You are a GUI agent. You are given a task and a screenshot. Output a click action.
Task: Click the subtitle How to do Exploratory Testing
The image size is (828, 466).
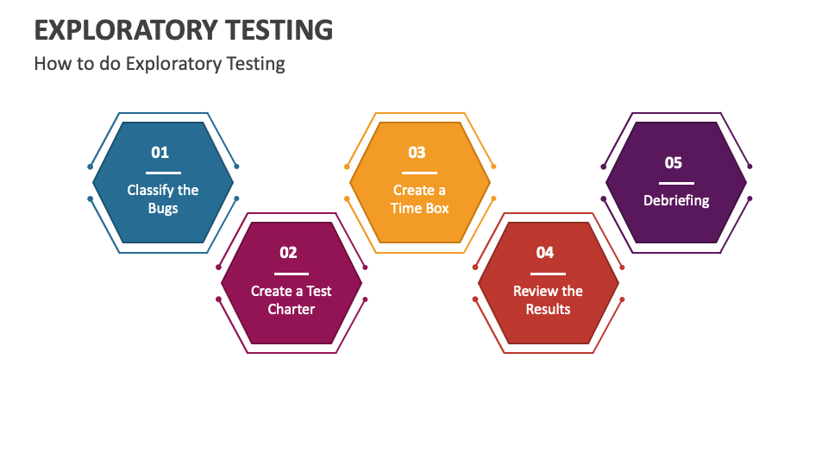tap(160, 64)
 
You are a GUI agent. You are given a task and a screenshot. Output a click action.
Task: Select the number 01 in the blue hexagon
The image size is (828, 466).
tap(160, 153)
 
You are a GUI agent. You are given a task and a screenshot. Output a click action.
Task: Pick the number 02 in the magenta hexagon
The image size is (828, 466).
tap(288, 253)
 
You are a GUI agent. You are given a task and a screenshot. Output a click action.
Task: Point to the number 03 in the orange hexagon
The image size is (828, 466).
tap(417, 153)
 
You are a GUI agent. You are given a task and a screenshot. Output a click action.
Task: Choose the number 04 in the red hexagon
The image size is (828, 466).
tap(545, 253)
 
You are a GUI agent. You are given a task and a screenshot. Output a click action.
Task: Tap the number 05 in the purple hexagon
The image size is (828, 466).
tap(674, 163)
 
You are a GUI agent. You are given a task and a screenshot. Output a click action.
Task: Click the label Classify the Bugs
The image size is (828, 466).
tap(163, 199)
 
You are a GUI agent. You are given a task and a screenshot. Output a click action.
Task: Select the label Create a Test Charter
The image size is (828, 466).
tap(292, 300)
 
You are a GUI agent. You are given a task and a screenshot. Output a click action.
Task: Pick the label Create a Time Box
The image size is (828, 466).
tap(419, 199)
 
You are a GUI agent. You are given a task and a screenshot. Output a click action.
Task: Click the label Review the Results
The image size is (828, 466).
tap(548, 300)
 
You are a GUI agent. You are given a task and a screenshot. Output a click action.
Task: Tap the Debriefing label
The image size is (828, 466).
tap(676, 200)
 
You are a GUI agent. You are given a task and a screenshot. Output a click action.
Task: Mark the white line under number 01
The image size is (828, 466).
tap(163, 173)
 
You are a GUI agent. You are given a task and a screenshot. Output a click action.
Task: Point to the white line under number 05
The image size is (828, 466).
tap(676, 183)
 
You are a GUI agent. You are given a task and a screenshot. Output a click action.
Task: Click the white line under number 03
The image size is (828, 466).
tap(419, 173)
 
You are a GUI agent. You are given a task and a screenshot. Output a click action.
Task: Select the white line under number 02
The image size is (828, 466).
tap(292, 274)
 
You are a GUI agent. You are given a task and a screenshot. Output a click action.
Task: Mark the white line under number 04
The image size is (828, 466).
tap(548, 274)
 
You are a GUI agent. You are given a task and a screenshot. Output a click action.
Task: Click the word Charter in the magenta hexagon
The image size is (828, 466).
tap(292, 310)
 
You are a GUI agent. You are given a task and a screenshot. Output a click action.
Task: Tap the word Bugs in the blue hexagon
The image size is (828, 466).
tap(163, 209)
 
